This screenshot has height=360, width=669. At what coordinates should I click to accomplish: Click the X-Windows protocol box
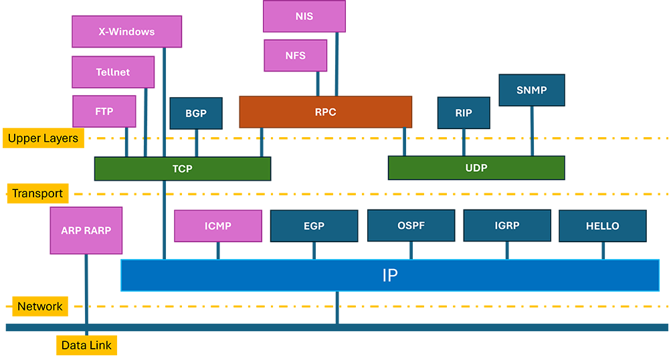pos(126,31)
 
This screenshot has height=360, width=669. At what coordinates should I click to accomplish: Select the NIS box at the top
pos(304,17)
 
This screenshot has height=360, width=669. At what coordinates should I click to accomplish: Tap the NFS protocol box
pos(295,56)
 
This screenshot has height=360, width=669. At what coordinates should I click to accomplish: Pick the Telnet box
pos(113,72)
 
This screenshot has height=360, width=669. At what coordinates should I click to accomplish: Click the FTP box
pos(104,112)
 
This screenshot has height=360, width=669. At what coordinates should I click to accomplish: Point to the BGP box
pos(195,114)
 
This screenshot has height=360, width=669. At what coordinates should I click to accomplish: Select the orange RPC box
pos(325,112)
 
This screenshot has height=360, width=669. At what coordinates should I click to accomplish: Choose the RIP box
pos(463,113)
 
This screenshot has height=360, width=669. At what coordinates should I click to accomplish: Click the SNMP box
pos(531,90)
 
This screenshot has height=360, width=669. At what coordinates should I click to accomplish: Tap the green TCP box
pos(182,169)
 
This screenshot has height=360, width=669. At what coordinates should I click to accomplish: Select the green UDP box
pos(476,168)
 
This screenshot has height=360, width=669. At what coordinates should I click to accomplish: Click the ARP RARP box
pos(86,230)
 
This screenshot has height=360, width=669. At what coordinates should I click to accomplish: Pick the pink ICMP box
pos(218,226)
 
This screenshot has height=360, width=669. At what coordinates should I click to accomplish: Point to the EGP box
pos(314,226)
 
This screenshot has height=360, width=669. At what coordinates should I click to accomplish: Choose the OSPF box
pos(411,226)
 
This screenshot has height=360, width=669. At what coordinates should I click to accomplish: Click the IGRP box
pos(507,226)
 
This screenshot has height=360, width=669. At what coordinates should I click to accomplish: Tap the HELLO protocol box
pos(602,226)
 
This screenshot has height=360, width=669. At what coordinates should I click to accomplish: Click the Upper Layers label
pos(43,139)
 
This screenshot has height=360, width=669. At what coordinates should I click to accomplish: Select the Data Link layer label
pos(87,345)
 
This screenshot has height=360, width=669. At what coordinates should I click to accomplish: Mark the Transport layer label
pos(37,194)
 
